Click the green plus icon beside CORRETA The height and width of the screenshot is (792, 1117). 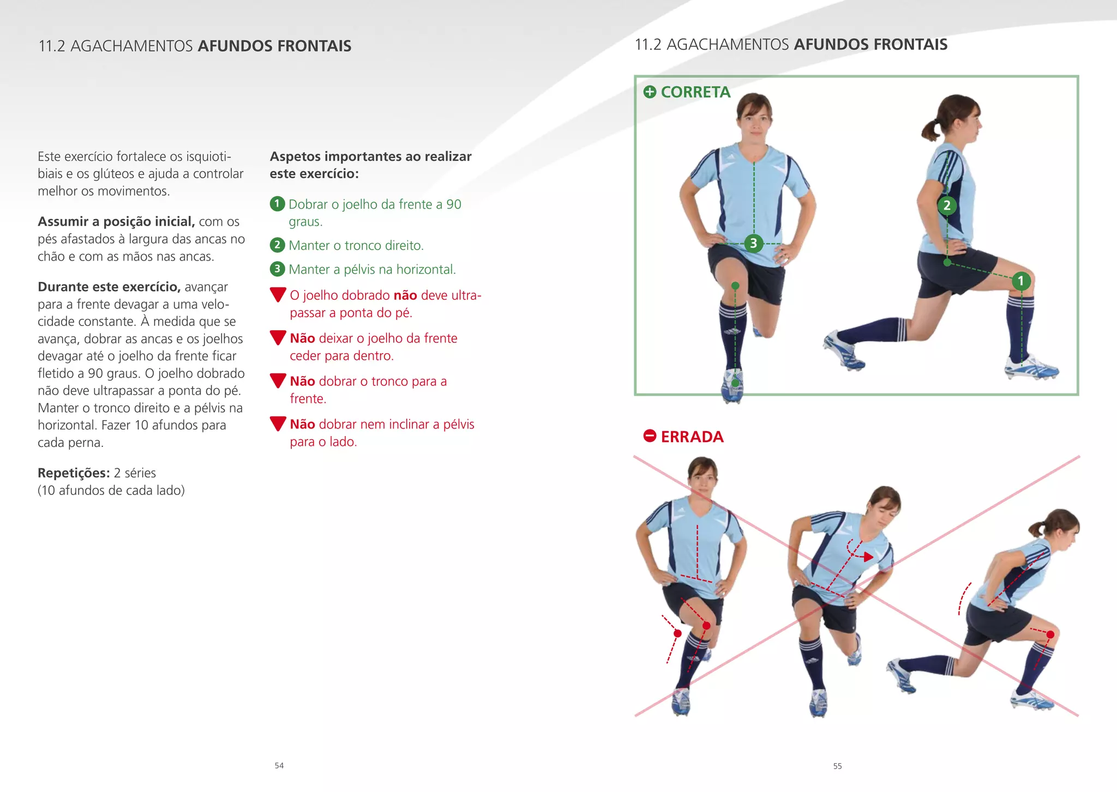click(x=650, y=92)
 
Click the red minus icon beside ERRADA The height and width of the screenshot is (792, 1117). click(x=650, y=436)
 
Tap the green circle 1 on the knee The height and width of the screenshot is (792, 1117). click(x=1020, y=281)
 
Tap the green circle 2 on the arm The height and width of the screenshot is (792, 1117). click(x=947, y=205)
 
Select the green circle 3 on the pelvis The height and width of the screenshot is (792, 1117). click(x=753, y=243)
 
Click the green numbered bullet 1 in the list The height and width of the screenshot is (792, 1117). click(x=277, y=204)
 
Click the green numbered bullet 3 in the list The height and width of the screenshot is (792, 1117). click(x=277, y=269)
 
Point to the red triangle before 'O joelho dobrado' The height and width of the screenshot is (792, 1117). click(x=278, y=294)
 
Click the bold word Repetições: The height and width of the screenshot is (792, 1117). click(x=74, y=473)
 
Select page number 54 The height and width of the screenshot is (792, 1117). click(x=279, y=765)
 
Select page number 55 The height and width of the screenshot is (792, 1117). click(x=837, y=766)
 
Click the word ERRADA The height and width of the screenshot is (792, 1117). click(x=692, y=437)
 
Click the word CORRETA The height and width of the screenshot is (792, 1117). click(x=695, y=92)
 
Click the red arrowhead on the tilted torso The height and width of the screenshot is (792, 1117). click(x=868, y=557)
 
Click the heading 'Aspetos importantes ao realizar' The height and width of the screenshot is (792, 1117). click(x=370, y=156)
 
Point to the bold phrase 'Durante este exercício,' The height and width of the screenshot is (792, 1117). click(x=109, y=287)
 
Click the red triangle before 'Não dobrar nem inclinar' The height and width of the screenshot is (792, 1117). click(x=278, y=424)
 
